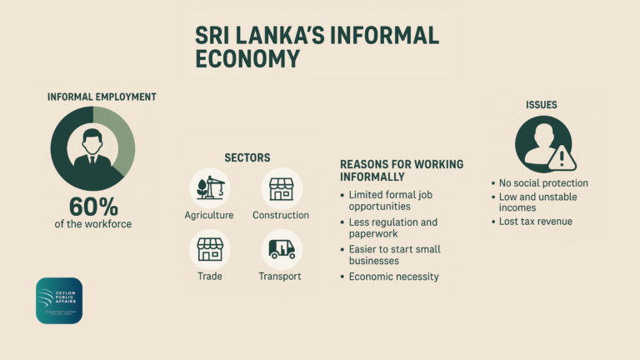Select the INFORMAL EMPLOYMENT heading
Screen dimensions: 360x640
[102, 97]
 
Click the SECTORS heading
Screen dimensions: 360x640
[247, 157]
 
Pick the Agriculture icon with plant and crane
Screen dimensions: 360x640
[209, 187]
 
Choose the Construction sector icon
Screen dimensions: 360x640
[281, 187]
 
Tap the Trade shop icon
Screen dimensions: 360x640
[209, 248]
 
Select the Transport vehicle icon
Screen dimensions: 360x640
[280, 248]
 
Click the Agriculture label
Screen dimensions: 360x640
[209, 215]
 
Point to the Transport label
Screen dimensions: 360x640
[280, 276]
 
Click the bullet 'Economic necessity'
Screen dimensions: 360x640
[393, 277]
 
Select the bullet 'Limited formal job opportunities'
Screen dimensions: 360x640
[391, 200]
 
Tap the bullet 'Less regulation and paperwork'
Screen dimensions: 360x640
[392, 227]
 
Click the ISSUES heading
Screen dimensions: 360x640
[542, 105]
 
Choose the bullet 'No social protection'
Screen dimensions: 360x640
[543, 182]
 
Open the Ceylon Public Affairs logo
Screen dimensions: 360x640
[59, 300]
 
